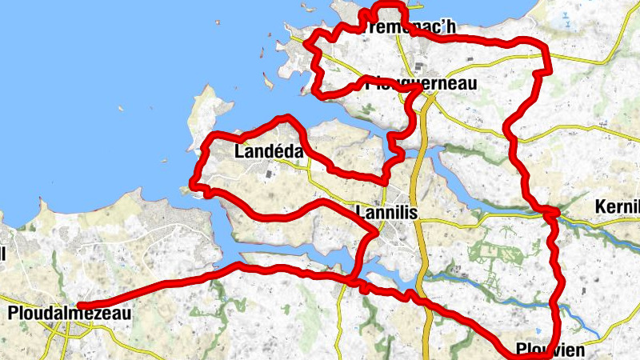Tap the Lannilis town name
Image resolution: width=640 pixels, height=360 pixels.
pos(383,213)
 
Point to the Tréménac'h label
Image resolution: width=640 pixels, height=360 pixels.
pos(409,27)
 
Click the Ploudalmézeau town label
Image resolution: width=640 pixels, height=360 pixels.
pos(68,314)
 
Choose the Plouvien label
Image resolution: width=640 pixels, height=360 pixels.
pos(551,350)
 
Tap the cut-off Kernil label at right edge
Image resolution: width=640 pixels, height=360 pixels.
pos(618,207)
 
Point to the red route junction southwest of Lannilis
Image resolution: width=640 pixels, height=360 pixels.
pos(352,279)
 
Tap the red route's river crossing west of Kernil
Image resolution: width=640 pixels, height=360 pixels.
pos(550,213)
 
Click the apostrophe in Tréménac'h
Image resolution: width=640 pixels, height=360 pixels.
pos(440,23)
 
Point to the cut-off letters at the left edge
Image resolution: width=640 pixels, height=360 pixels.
pos(2,254)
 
